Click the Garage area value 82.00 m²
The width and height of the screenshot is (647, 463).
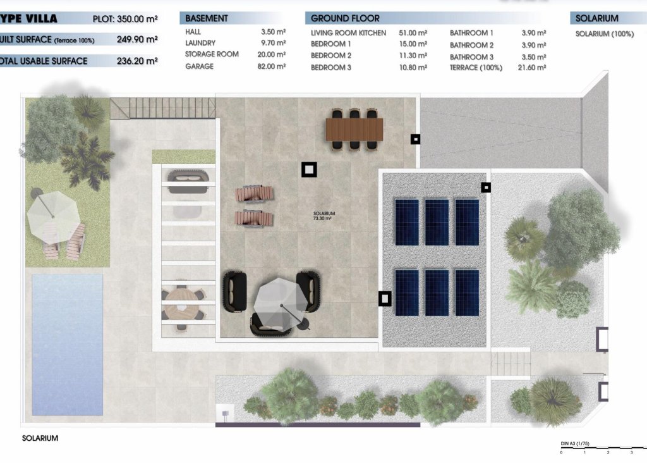(x=273, y=66)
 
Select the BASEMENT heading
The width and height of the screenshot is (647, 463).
(x=207, y=18)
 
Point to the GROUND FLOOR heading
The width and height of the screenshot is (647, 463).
(x=345, y=18)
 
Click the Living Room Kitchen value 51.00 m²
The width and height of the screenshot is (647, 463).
(x=413, y=33)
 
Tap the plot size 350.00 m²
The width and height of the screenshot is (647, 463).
(x=136, y=19)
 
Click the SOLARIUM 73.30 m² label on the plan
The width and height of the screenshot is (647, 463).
(x=323, y=217)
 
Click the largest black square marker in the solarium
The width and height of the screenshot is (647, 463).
(x=309, y=170)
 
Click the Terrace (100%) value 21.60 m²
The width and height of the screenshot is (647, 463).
(x=532, y=68)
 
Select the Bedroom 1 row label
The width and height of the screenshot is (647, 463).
(x=331, y=44)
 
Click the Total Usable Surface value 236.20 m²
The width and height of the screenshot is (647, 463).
(x=137, y=61)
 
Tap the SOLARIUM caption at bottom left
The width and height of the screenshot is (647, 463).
(x=40, y=438)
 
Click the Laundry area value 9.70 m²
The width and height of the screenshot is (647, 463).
(x=273, y=43)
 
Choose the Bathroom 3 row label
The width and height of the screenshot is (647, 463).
(x=471, y=57)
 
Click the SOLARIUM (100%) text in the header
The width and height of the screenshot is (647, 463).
(x=604, y=34)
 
